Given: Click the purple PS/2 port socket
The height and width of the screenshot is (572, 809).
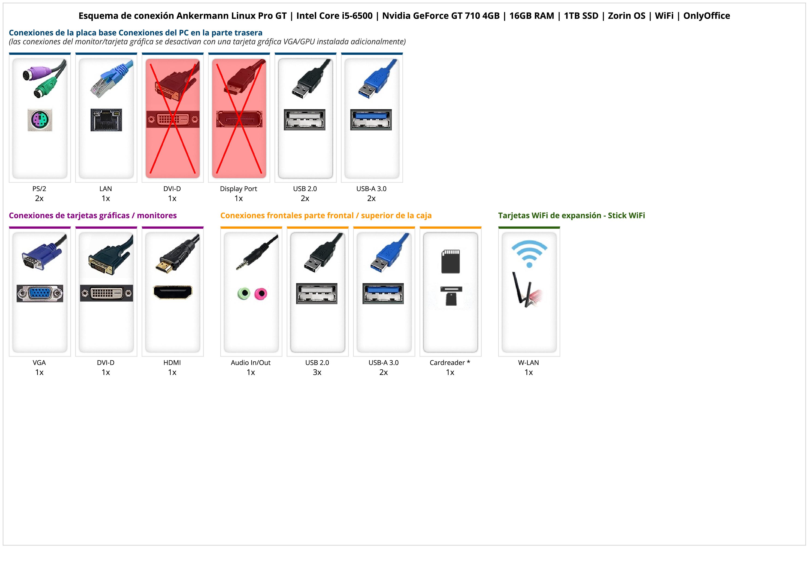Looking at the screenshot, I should pyautogui.click(x=40, y=120).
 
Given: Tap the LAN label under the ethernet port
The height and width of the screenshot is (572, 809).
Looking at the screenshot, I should pyautogui.click(x=106, y=189).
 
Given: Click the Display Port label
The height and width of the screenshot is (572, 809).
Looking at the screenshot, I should pyautogui.click(x=238, y=189).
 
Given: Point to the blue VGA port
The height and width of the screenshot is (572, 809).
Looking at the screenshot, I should pyautogui.click(x=40, y=293).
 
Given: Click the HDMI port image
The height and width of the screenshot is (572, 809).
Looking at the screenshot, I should pyautogui.click(x=173, y=292).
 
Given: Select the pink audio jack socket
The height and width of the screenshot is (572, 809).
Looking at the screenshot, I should pyautogui.click(x=261, y=293).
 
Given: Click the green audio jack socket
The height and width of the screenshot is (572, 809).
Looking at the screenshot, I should pyautogui.click(x=244, y=293).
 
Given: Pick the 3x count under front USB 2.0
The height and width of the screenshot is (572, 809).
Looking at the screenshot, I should pyautogui.click(x=317, y=372).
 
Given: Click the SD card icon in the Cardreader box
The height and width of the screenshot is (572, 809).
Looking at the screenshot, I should pyautogui.click(x=451, y=261).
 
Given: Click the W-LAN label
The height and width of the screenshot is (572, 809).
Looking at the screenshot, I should pyautogui.click(x=529, y=362).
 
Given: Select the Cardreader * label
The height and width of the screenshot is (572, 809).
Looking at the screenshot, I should pyautogui.click(x=450, y=362).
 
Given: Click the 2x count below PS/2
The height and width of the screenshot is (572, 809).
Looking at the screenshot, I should pyautogui.click(x=39, y=198).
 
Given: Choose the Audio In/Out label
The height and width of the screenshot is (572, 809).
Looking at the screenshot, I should pyautogui.click(x=250, y=362).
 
